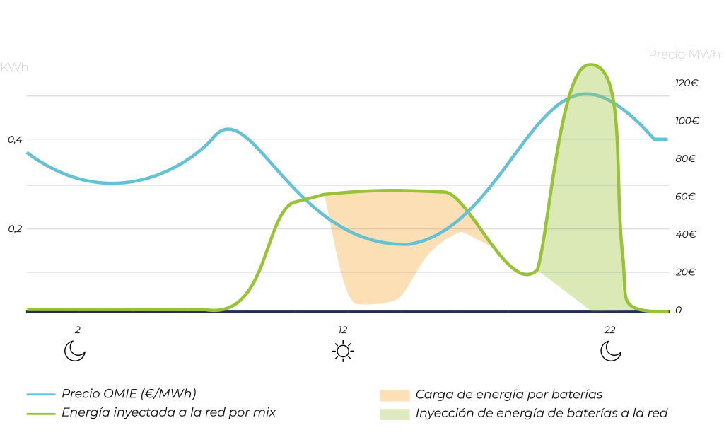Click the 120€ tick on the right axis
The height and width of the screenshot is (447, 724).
tap(686, 83)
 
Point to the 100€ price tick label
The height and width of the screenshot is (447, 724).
tap(686, 121)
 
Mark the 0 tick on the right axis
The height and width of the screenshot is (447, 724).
tap(679, 310)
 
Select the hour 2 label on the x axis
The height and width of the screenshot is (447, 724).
tap(77, 330)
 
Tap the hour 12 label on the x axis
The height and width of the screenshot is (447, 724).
tap(343, 330)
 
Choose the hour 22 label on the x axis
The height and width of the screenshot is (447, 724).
tap(609, 330)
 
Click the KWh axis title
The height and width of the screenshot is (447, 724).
tap(14, 68)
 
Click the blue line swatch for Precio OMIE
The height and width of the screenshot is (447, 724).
tap(40, 395)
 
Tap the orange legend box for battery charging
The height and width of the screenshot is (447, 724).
tap(395, 395)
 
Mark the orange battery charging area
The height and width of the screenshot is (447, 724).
tap(382, 233)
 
